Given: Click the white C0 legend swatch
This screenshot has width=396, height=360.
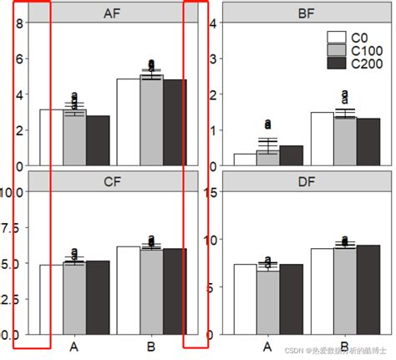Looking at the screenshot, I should pos(337,37).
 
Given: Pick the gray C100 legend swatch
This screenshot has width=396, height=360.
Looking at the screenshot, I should pos(337,50).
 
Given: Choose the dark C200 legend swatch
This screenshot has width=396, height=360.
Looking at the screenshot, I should pos(337,63).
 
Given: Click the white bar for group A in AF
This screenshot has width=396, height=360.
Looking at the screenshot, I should pos(51,137).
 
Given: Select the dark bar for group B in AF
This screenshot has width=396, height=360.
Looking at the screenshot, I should pos(175,122).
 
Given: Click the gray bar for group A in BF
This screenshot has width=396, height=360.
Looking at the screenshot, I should pos(267,158).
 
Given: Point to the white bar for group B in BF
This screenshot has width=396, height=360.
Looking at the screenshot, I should pos(322,139).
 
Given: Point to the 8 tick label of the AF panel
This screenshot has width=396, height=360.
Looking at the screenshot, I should pos(19,23).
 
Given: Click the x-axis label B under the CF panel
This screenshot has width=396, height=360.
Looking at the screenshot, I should pos(151,346).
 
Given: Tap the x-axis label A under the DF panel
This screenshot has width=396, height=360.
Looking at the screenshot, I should pos(267,346).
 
